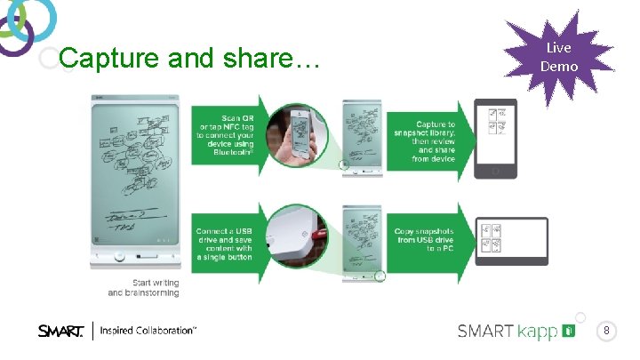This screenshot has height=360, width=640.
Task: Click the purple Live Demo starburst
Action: point(559,57)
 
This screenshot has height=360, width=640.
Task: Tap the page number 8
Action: point(606,332)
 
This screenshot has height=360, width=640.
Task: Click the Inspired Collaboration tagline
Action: point(148,331)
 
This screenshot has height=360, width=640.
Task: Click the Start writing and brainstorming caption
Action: point(143,287)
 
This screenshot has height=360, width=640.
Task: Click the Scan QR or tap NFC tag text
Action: point(226,134)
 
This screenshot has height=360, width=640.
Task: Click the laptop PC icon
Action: point(511,240)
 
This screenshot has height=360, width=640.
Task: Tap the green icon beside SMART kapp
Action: point(569,332)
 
